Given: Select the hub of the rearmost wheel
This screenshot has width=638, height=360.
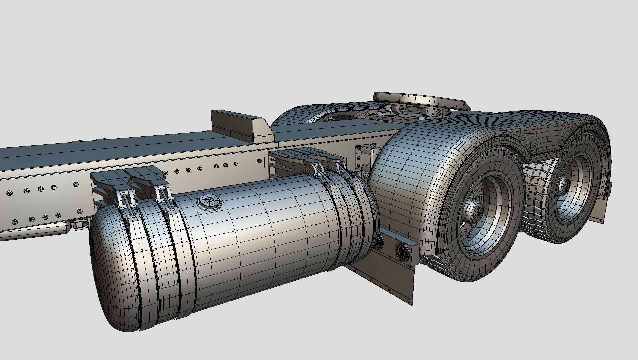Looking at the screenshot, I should click(564, 185).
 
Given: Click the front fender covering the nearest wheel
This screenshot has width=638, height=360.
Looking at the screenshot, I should click(410, 173).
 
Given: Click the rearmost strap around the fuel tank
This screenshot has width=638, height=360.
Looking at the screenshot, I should click(362, 217).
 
